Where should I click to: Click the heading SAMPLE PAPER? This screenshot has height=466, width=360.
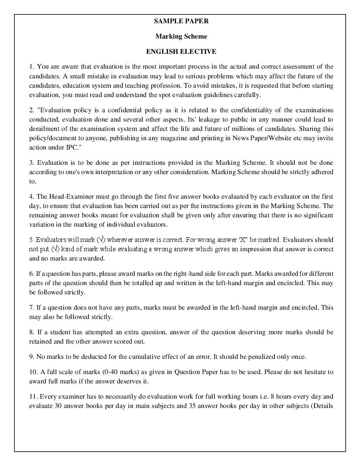(181, 21)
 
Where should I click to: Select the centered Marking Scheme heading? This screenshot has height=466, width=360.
(181, 36)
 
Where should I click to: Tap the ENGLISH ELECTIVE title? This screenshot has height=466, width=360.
(181, 52)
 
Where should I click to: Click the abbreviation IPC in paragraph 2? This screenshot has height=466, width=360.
(68, 147)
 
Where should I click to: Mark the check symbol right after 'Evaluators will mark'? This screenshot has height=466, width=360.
(101, 240)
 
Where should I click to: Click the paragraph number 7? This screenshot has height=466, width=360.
(31, 308)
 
